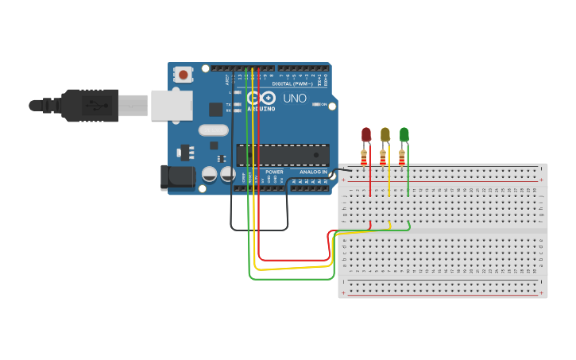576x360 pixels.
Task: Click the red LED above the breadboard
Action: click(366, 134)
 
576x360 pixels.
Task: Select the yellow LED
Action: click(385, 134)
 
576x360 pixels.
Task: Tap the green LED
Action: click(404, 134)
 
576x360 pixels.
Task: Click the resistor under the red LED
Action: click(364, 157)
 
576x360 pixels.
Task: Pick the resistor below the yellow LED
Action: click(383, 157)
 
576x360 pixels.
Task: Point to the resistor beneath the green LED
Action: click(402, 157)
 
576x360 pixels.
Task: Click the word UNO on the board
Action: click(295, 99)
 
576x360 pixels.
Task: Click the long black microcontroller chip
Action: click(283, 154)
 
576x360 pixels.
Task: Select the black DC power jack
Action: click(178, 177)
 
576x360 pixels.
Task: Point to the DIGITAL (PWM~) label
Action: click(292, 83)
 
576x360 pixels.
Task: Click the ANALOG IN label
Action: click(313, 172)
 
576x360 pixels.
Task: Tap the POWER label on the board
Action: click(274, 172)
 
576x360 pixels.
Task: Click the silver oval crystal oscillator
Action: click(213, 130)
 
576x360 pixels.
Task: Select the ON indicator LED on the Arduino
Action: click(316, 105)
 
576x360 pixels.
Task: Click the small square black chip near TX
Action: click(215, 109)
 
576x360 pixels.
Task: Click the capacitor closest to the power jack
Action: click(210, 174)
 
